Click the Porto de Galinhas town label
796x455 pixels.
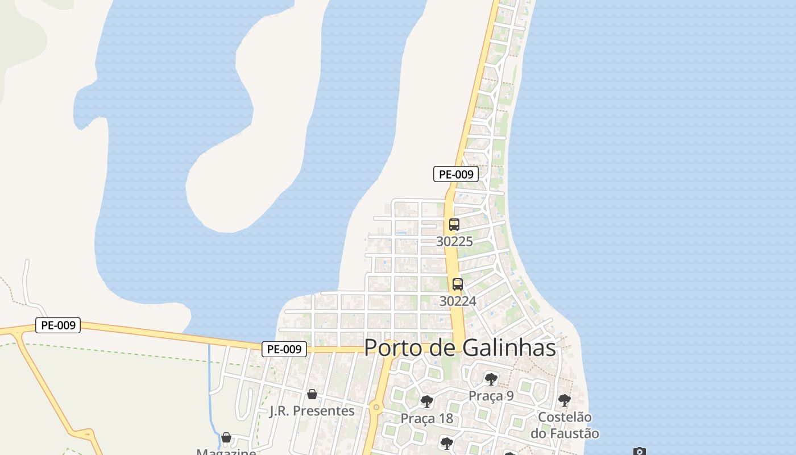[460, 348]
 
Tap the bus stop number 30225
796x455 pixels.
[454, 241]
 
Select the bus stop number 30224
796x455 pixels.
[458, 301]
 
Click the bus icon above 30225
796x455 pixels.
[454, 225]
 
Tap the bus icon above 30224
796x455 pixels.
[458, 284]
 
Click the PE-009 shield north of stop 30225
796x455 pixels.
[456, 174]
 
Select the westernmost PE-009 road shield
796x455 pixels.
[58, 325]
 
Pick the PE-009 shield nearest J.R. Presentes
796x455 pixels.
[284, 349]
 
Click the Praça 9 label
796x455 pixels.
[491, 396]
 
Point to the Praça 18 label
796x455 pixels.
[427, 419]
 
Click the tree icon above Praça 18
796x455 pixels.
[427, 402]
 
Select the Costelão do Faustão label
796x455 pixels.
[565, 425]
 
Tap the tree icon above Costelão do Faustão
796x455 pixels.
[564, 400]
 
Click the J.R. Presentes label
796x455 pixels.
[312, 411]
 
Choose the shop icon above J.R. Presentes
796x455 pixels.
[312, 394]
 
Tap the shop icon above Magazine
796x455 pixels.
[226, 437]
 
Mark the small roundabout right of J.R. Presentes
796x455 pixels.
[376, 407]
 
